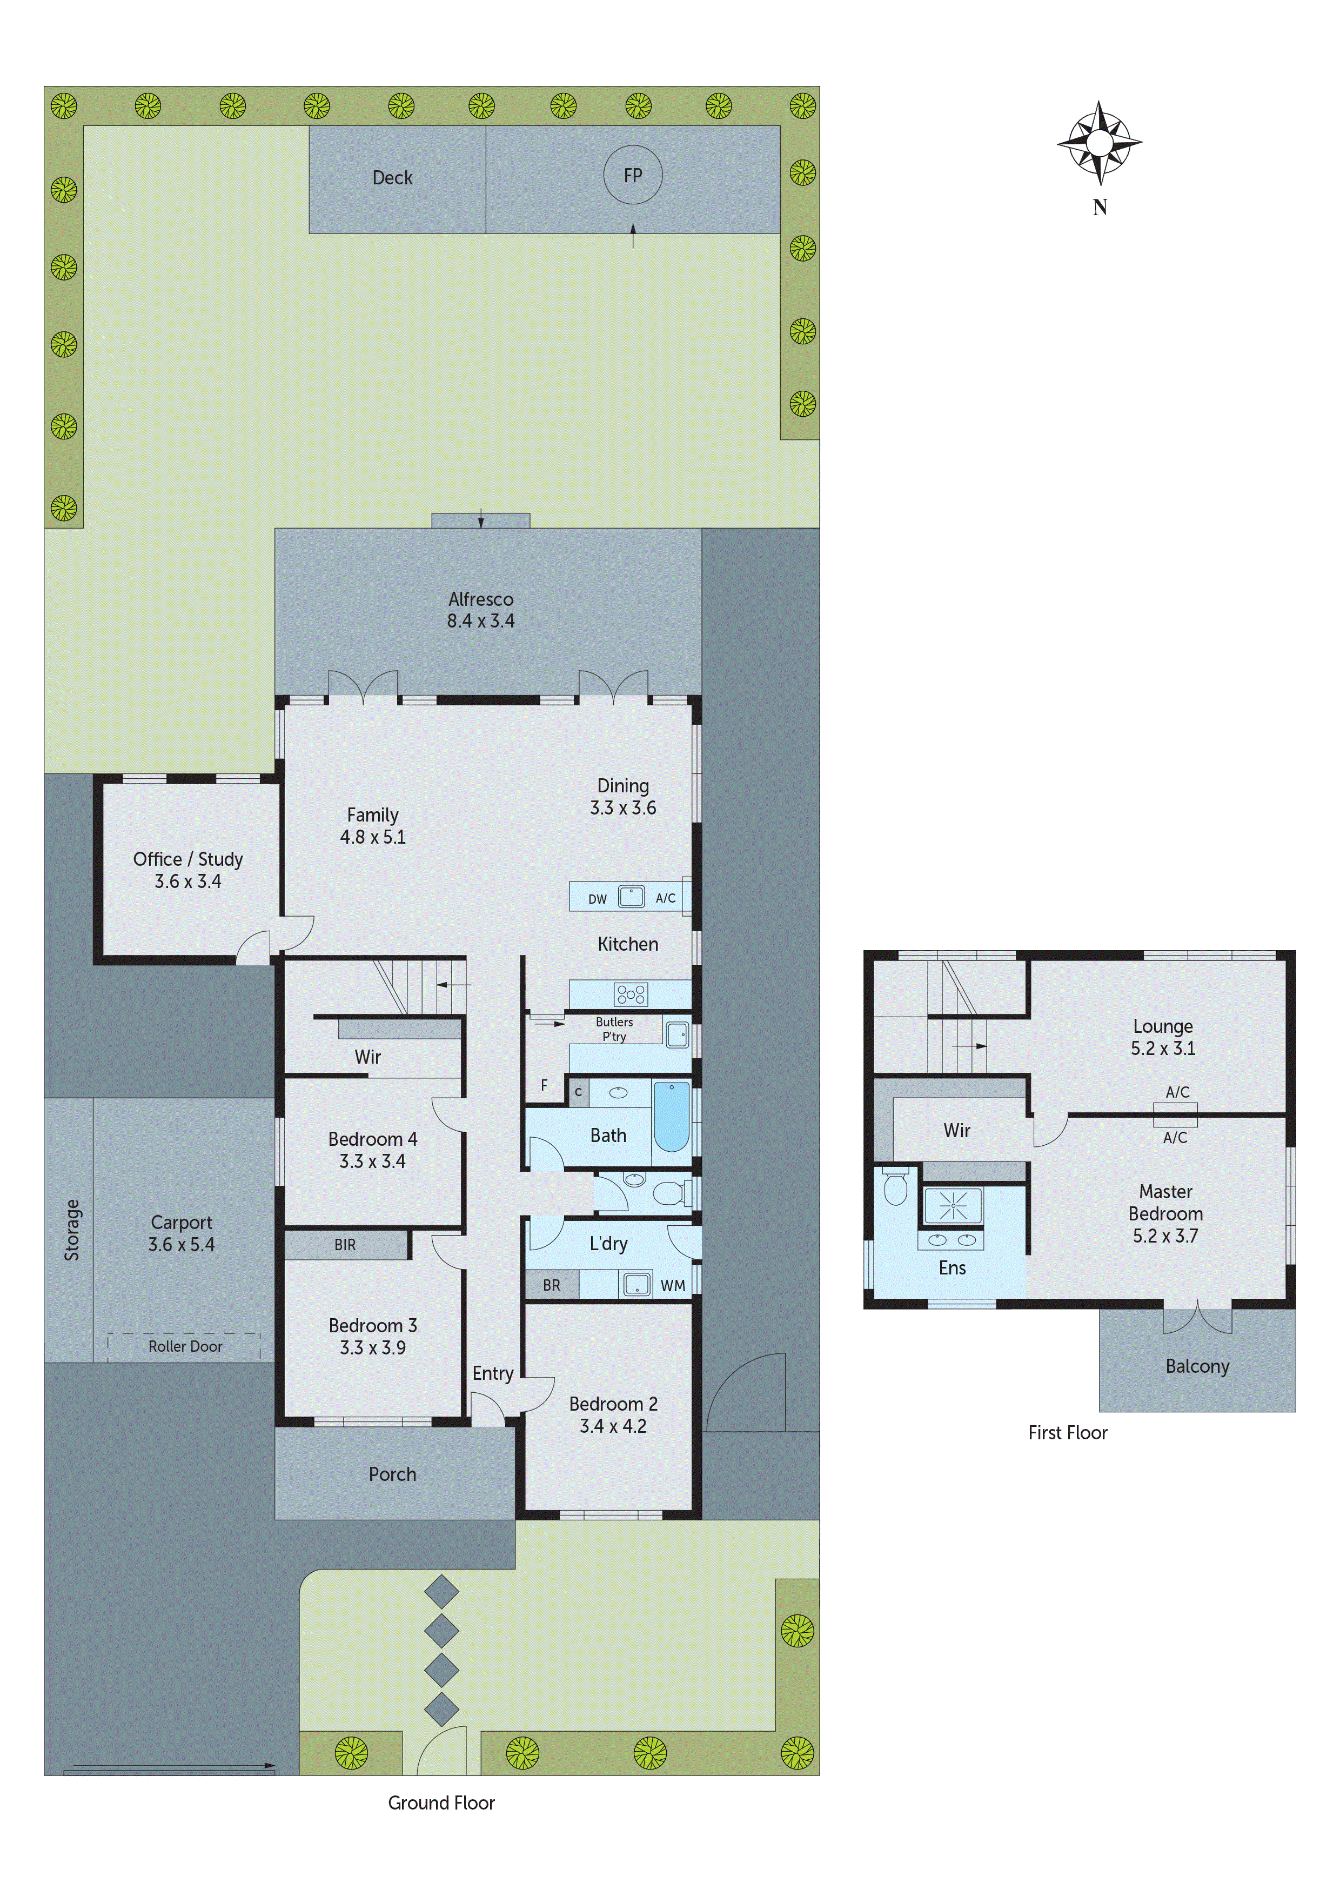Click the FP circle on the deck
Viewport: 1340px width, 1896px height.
click(632, 175)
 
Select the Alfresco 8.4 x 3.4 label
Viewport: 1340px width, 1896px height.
click(480, 610)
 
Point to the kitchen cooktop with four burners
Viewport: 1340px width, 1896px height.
click(631, 994)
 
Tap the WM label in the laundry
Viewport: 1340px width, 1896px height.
click(672, 1286)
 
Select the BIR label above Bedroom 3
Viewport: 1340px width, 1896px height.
click(345, 1245)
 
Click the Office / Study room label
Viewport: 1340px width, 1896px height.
click(188, 870)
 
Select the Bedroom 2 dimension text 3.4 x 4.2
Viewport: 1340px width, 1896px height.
click(613, 1426)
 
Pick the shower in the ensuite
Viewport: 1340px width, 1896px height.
click(953, 1206)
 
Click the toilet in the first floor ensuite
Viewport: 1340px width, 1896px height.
click(895, 1189)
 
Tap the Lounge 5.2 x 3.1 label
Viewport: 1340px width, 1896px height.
click(1162, 1037)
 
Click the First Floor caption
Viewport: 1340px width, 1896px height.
click(1068, 1433)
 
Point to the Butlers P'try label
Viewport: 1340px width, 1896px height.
click(614, 1029)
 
